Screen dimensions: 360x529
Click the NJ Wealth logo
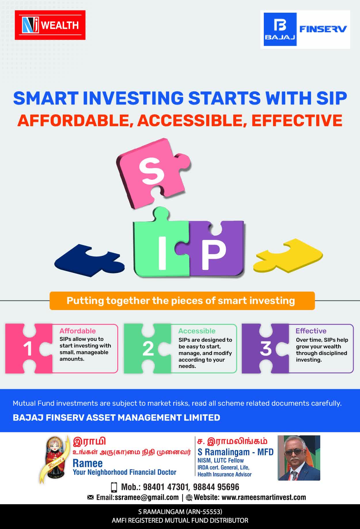pyautogui.click(x=50, y=25)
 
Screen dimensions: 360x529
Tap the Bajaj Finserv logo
pyautogui.click(x=305, y=29)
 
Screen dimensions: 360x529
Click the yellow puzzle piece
pyautogui.click(x=288, y=255)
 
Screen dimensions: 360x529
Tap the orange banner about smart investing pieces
pyautogui.click(x=182, y=301)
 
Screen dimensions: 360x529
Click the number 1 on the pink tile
pyautogui.click(x=28, y=349)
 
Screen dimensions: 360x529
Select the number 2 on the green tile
pyautogui.click(x=148, y=349)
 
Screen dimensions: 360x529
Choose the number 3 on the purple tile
pyautogui.click(x=266, y=349)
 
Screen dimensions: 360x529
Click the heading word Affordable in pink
pyautogui.click(x=77, y=331)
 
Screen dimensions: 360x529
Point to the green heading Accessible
pyautogui.click(x=197, y=331)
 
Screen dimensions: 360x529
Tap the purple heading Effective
pyautogui.click(x=311, y=331)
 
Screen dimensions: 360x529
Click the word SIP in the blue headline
pyautogui.click(x=331, y=98)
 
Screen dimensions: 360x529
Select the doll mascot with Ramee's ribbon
pyautogui.click(x=55, y=459)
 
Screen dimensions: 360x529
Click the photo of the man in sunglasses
pyautogui.click(x=299, y=458)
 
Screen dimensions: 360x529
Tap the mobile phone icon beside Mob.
pyautogui.click(x=114, y=487)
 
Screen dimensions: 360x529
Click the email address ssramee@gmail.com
pyautogui.click(x=147, y=498)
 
